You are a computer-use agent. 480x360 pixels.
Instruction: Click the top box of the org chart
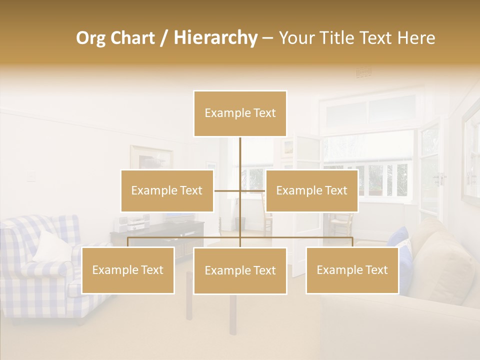click(240, 113)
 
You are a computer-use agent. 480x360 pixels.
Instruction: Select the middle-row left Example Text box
click(167, 190)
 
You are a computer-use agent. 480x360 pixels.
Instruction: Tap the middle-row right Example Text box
click(311, 190)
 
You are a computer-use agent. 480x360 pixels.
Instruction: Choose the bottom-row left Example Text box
click(128, 270)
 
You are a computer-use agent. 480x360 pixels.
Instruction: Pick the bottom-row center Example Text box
click(240, 270)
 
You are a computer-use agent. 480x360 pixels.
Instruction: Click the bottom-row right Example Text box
click(352, 270)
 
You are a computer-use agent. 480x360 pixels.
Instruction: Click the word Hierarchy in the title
click(215, 37)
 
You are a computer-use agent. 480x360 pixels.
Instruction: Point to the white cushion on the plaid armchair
click(53, 245)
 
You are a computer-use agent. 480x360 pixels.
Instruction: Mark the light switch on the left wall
click(31, 176)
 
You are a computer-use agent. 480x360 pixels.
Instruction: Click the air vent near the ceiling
click(363, 73)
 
